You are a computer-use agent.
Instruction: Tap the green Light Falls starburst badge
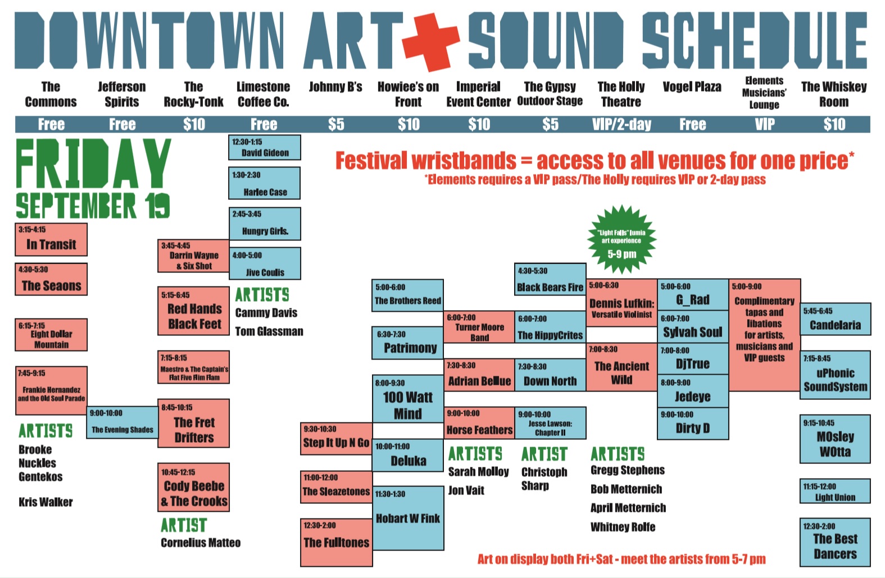[622, 240]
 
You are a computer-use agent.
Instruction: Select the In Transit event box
[51, 239]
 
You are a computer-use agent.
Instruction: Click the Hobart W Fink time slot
[408, 518]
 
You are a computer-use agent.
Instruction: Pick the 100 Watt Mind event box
[408, 399]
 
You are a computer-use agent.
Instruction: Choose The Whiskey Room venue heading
[834, 94]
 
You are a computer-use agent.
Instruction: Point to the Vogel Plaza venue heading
[692, 87]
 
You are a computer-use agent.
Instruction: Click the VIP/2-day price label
[621, 125]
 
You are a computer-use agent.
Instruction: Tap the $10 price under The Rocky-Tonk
[194, 125]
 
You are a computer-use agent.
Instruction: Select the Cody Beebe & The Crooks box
[194, 487]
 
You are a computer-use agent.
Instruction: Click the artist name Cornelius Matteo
[201, 543]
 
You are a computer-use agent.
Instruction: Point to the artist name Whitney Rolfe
[623, 527]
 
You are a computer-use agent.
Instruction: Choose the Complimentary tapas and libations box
[765, 335]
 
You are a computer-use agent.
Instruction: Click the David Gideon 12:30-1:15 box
[265, 147]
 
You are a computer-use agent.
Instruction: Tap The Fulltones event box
[336, 543]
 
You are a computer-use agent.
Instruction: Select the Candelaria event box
[835, 319]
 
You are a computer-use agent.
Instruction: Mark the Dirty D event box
[693, 423]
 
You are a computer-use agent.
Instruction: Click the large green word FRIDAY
[93, 163]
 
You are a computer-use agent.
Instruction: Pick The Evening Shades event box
[122, 422]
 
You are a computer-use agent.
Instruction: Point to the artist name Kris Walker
[46, 502]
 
